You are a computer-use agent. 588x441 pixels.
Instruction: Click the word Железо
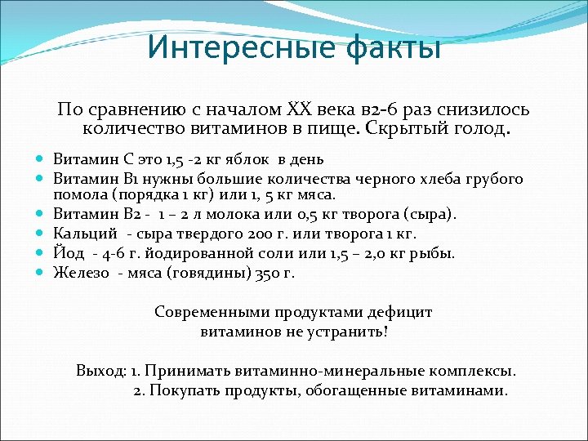coord(81,273)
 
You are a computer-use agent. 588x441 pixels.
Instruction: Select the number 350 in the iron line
coord(264,273)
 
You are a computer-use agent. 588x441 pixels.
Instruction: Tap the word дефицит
coord(399,312)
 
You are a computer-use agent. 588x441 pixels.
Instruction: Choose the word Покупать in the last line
coord(182,390)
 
